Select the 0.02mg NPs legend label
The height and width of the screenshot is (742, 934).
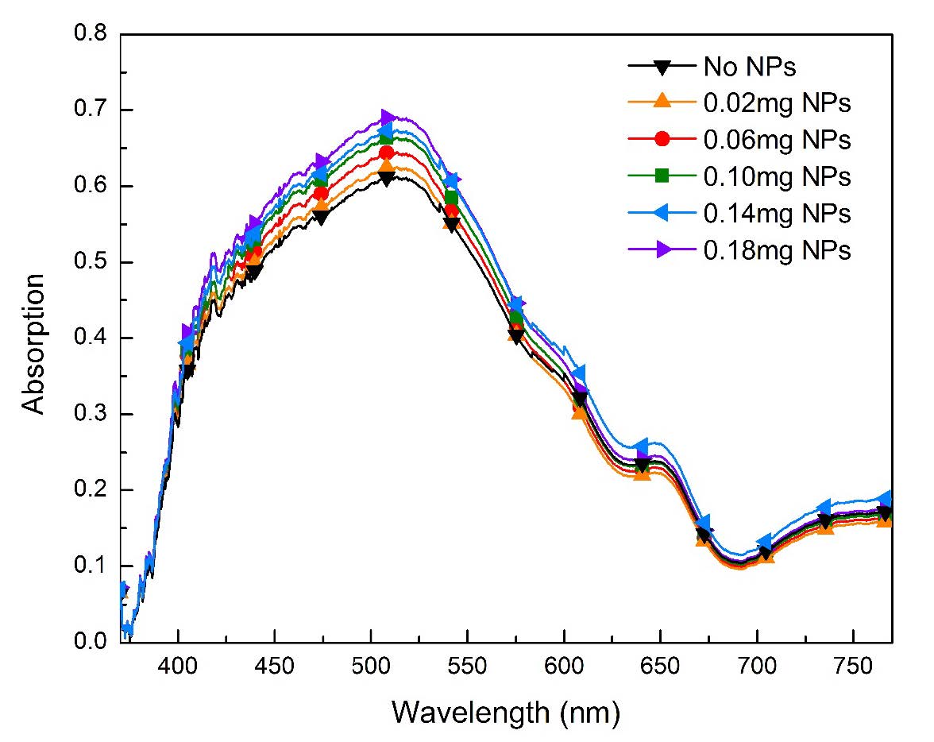pos(777,102)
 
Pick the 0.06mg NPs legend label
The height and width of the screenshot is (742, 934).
pos(777,140)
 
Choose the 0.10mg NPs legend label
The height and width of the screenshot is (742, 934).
pos(777,176)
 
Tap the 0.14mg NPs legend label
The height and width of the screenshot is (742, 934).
pos(777,214)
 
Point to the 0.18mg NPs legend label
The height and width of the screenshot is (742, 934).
pos(777,250)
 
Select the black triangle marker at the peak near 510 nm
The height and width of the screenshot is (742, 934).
pos(387,178)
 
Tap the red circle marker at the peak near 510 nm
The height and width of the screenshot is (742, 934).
pos(387,153)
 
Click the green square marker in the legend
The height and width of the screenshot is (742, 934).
pos(664,176)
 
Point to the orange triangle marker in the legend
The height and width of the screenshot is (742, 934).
pos(664,102)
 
